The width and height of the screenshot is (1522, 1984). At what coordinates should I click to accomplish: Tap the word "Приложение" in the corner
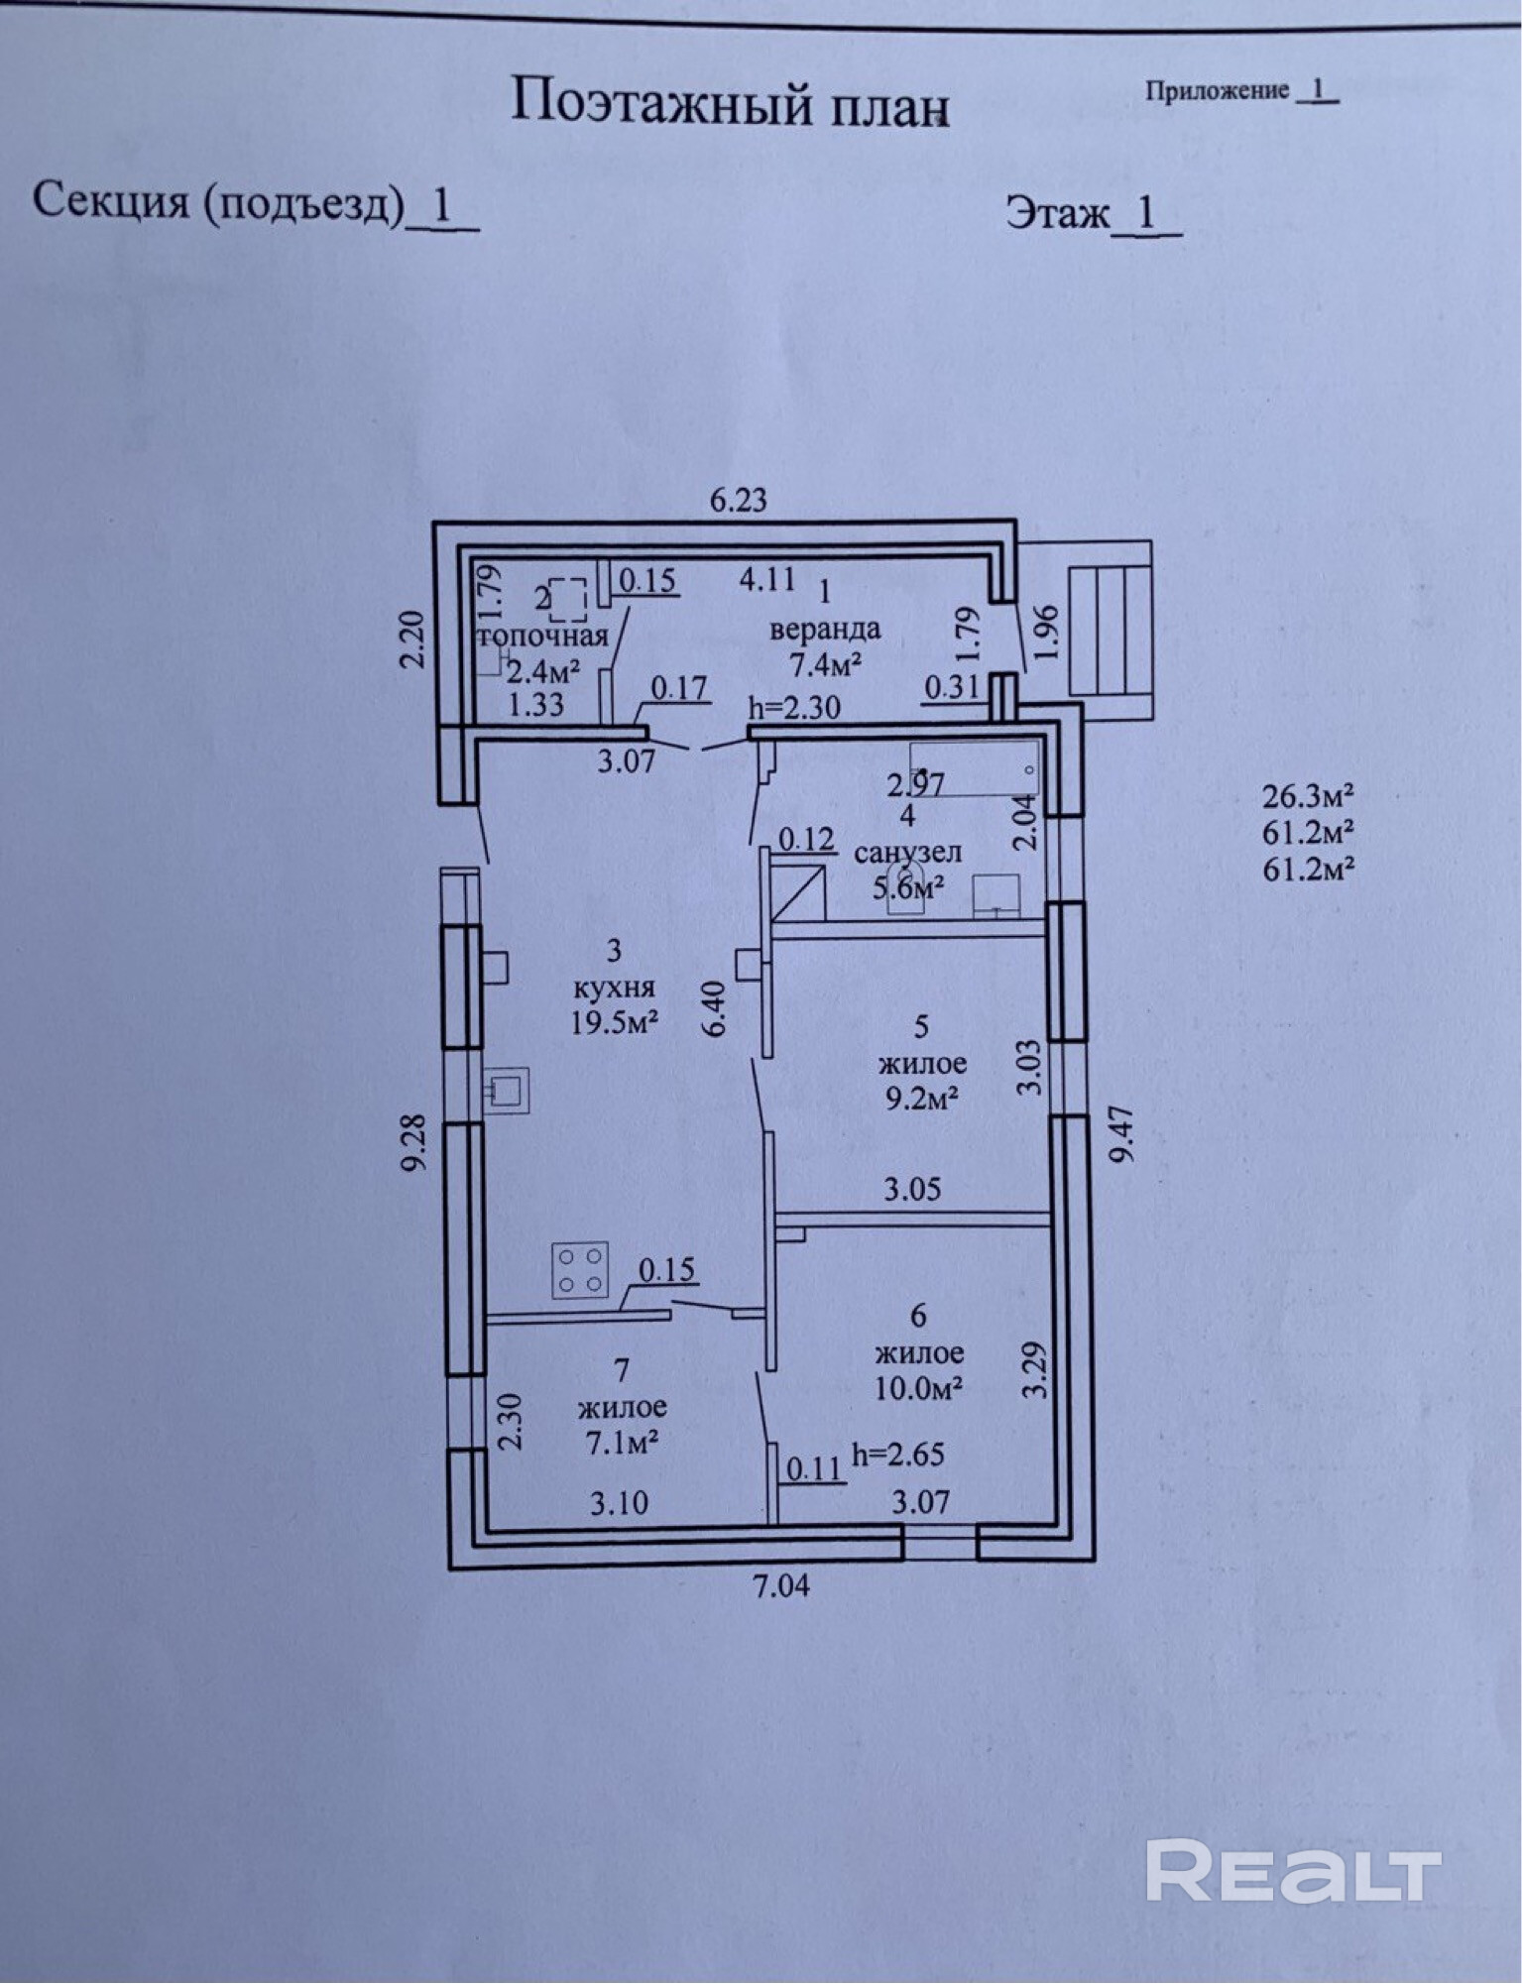pos(1218,91)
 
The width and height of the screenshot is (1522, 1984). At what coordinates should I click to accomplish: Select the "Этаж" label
pos(1058,212)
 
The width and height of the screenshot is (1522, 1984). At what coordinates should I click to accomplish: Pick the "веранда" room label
pos(825,628)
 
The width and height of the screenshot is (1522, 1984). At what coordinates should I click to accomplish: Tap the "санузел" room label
pos(907,852)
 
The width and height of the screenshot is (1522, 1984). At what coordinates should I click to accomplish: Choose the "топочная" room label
pos(542,636)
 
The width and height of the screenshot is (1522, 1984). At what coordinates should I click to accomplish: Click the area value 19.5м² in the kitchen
pos(615,1022)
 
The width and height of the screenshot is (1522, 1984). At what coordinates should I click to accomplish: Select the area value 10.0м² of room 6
pos(919,1387)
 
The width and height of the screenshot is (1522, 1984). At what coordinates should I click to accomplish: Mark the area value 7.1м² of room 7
pos(623,1443)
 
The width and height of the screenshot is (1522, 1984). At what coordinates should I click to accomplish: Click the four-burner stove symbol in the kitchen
pos(580,1270)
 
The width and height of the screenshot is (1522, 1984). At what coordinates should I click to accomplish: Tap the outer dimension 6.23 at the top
pos(739,499)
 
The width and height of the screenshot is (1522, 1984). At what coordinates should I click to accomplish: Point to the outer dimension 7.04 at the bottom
pos(781,1585)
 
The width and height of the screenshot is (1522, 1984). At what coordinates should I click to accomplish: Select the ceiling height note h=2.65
pos(898,1455)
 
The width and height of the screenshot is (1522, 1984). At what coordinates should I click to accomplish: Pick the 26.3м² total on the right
pos(1308,797)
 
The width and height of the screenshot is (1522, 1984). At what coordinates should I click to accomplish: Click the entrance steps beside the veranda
pos(1110,629)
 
